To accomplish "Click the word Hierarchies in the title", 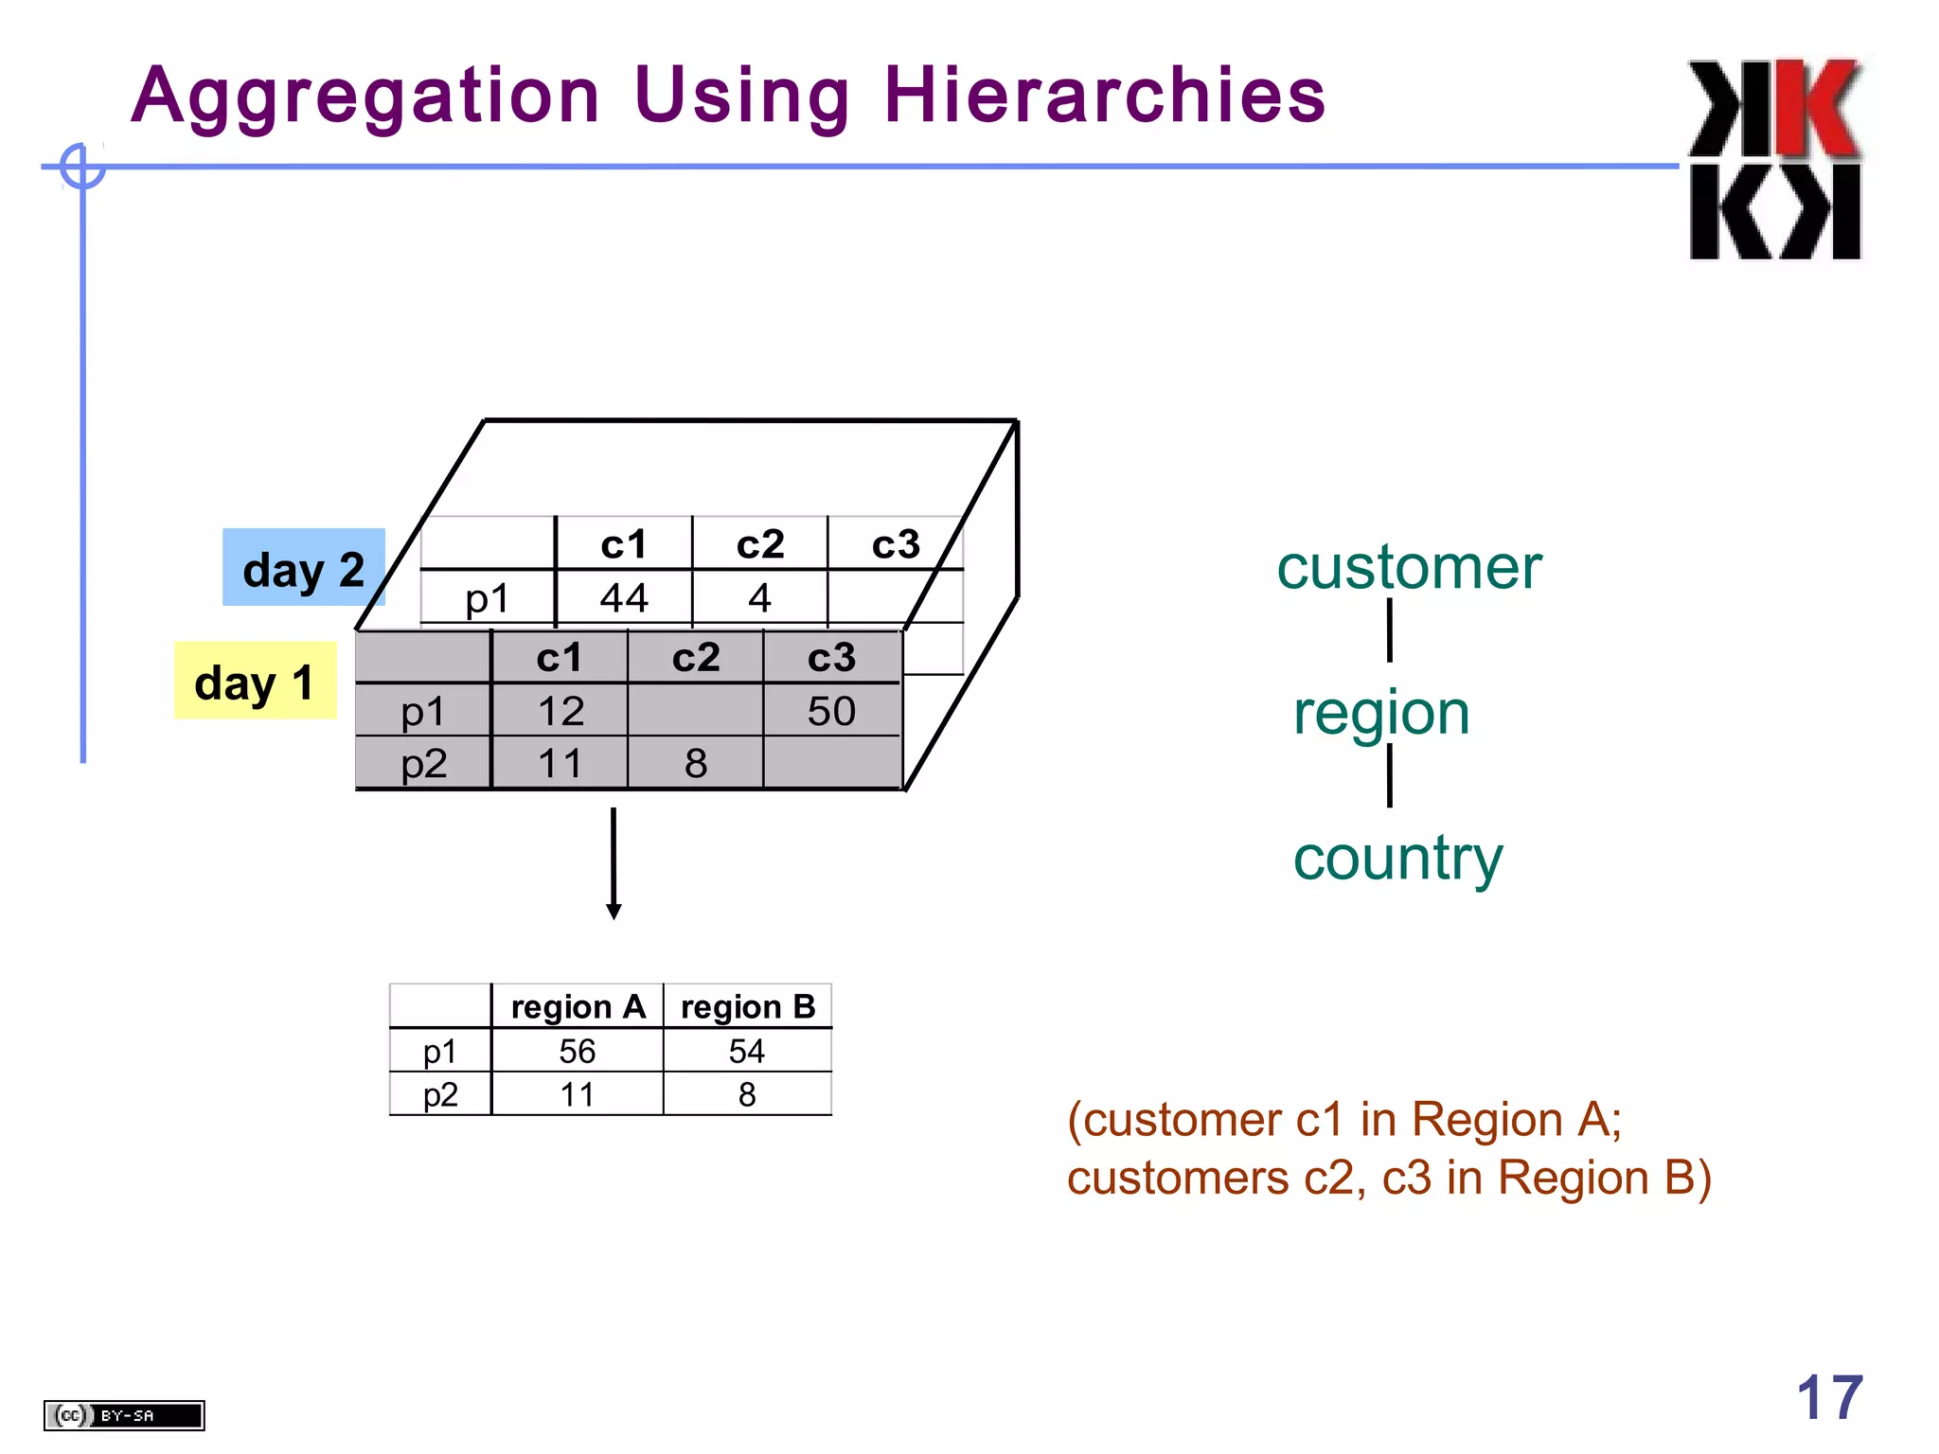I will (1104, 96).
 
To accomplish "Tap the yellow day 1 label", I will (255, 682).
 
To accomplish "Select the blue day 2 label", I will (303, 568).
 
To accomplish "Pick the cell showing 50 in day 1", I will (831, 711).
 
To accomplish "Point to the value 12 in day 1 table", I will (560, 711).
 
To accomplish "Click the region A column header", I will (578, 1007).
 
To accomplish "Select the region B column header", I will (748, 1007).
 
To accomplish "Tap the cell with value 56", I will (578, 1051).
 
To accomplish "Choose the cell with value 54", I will (747, 1051).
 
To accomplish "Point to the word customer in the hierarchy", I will (1409, 568).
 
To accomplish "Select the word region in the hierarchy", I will (1381, 713).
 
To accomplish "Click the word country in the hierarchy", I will (1397, 859).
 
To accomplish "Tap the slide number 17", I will (1829, 1397).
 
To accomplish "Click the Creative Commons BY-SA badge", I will (124, 1415).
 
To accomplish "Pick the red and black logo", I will (1775, 159).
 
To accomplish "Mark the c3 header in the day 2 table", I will (896, 544).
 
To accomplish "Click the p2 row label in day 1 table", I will (423, 763).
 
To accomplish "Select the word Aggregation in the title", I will (365, 96).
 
